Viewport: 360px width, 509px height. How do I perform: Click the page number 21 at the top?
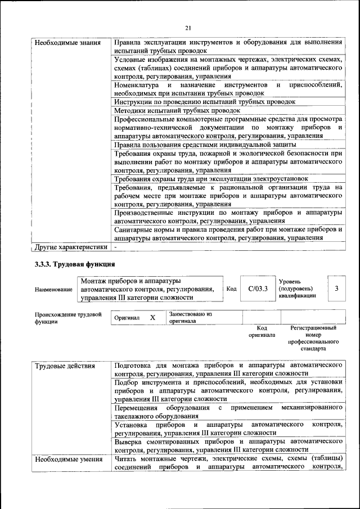point(188,28)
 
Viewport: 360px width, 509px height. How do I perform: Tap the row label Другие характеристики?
point(71,246)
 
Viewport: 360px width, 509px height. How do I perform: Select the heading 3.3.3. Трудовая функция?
point(75,264)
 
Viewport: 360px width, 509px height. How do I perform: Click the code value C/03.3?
point(258,289)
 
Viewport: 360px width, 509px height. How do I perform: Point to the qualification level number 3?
point(336,289)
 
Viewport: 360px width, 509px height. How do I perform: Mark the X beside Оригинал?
point(152,318)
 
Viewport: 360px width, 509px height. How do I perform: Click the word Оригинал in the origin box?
point(127,318)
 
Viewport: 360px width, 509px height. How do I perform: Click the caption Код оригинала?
point(262,331)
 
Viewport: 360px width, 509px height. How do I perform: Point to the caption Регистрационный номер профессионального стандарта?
point(313,337)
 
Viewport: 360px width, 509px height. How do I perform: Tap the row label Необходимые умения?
point(65,460)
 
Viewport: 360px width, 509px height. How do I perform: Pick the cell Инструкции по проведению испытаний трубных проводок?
point(205,102)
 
